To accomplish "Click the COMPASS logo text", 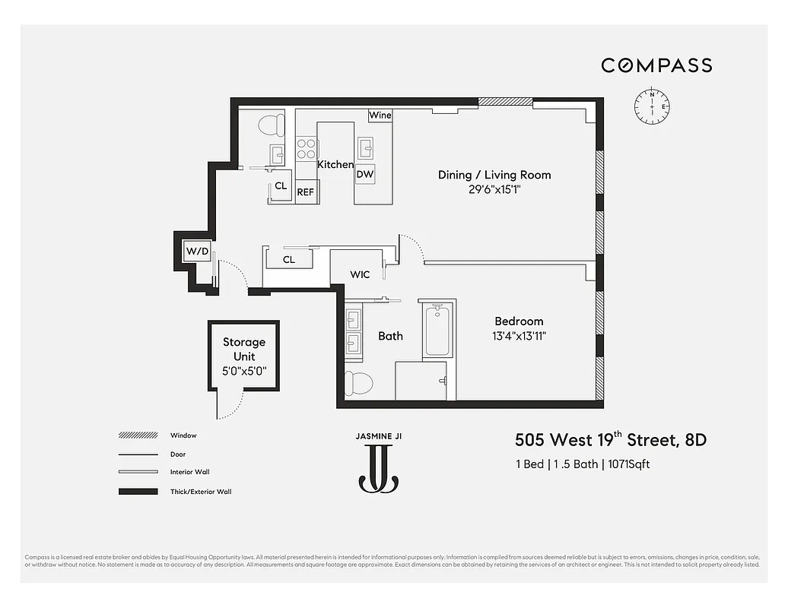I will (656, 65).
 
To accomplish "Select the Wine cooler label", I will (380, 116).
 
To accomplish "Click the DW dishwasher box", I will (365, 174).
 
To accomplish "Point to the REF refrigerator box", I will (305, 192).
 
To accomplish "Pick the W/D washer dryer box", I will (197, 251).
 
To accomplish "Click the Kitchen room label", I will (335, 164).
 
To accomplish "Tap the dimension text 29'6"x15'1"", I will (494, 189).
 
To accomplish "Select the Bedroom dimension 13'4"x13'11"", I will (520, 335).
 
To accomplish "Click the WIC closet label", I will (360, 274).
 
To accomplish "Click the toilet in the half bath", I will (271, 123).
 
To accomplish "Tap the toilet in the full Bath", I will (358, 383).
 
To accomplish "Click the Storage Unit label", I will (244, 349).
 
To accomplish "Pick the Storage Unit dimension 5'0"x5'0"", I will (244, 371).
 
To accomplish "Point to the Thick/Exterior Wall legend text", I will (201, 492).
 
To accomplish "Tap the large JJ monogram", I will (378, 469).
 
